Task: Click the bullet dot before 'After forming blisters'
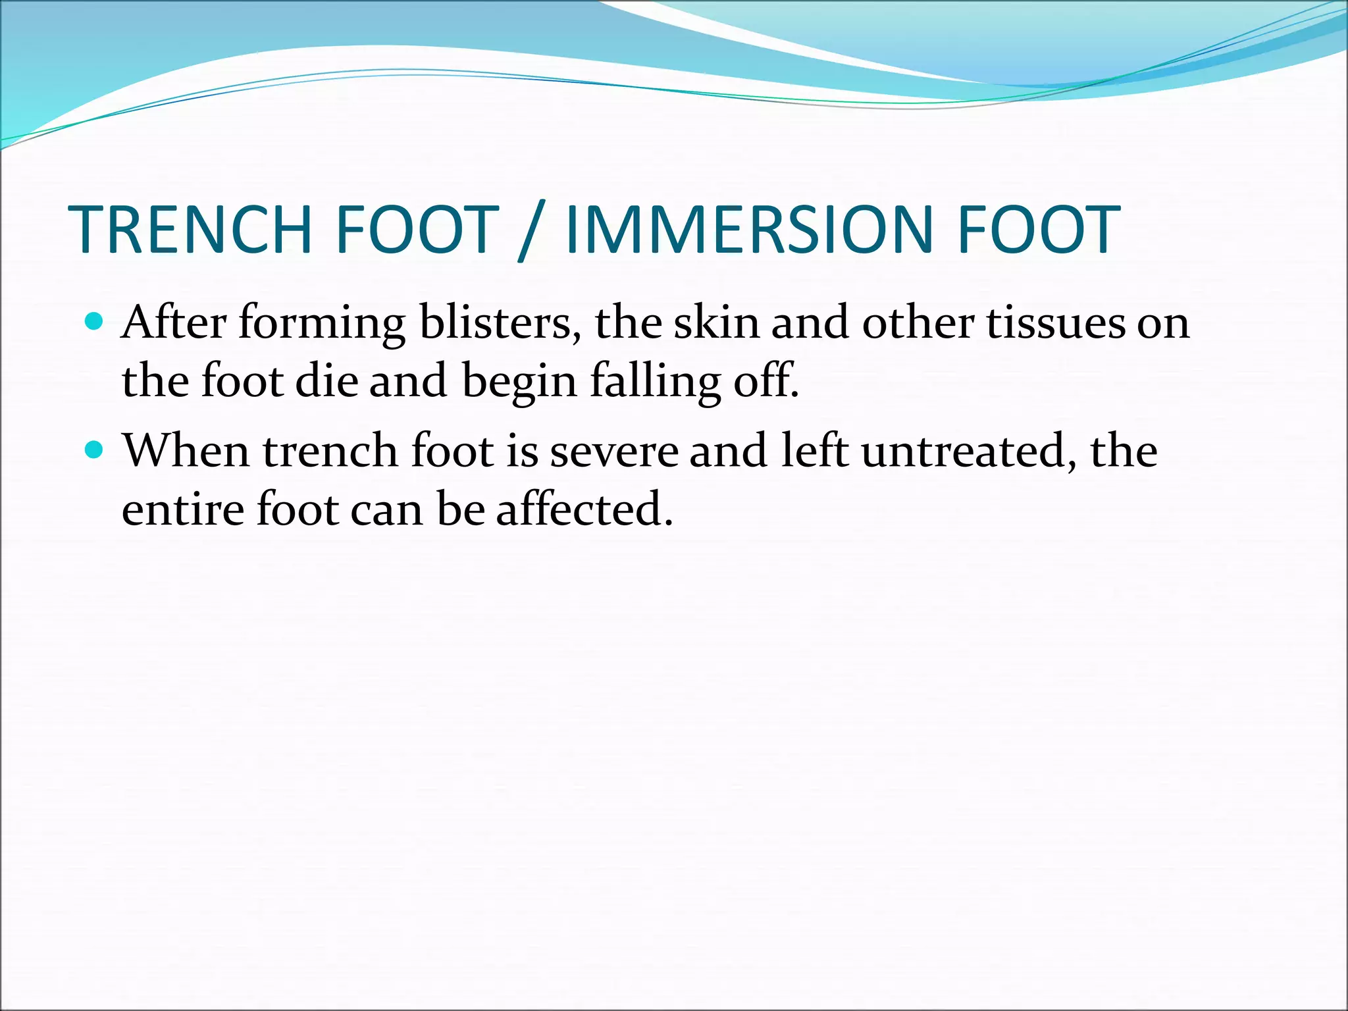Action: click(95, 322)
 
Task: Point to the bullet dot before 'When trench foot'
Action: click(95, 450)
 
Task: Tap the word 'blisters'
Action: click(500, 323)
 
